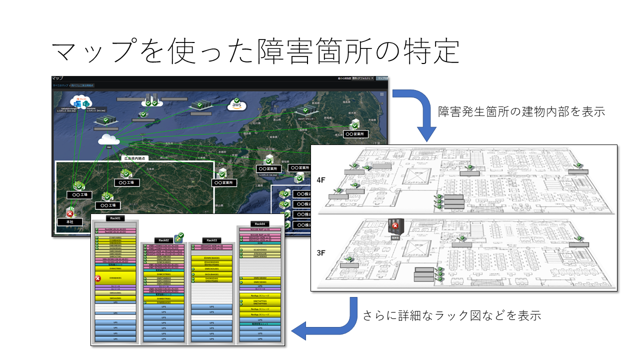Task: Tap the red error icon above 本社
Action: pos(70,213)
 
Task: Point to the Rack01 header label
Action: pos(114,218)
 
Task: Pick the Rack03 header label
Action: pos(211,240)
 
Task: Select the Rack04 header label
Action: pos(259,223)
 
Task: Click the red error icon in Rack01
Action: pos(98,278)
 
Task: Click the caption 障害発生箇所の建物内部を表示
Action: pos(521,111)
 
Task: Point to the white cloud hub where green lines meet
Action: pos(108,140)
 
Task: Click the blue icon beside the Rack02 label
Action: pos(178,237)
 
